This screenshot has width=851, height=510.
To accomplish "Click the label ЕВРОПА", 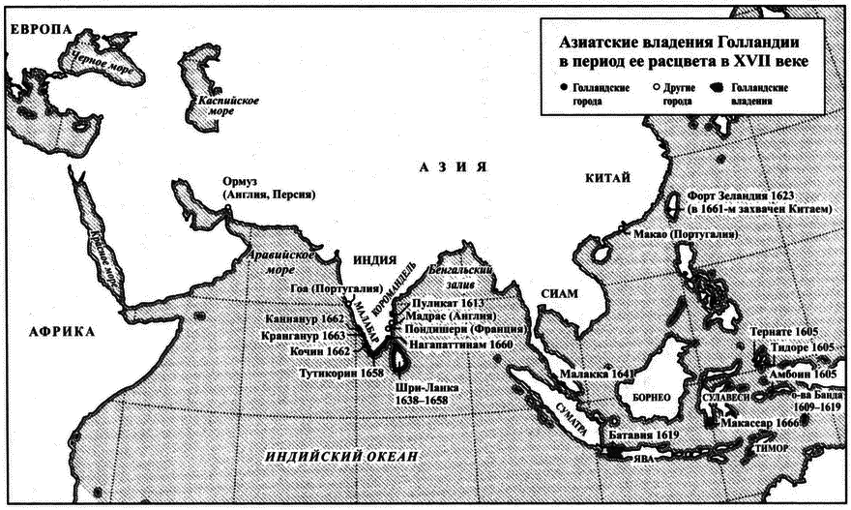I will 42,32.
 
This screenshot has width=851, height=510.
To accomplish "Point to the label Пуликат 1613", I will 446,303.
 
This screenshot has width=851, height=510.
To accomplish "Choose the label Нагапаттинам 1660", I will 469,343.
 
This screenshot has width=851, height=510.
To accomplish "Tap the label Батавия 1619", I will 634,437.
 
